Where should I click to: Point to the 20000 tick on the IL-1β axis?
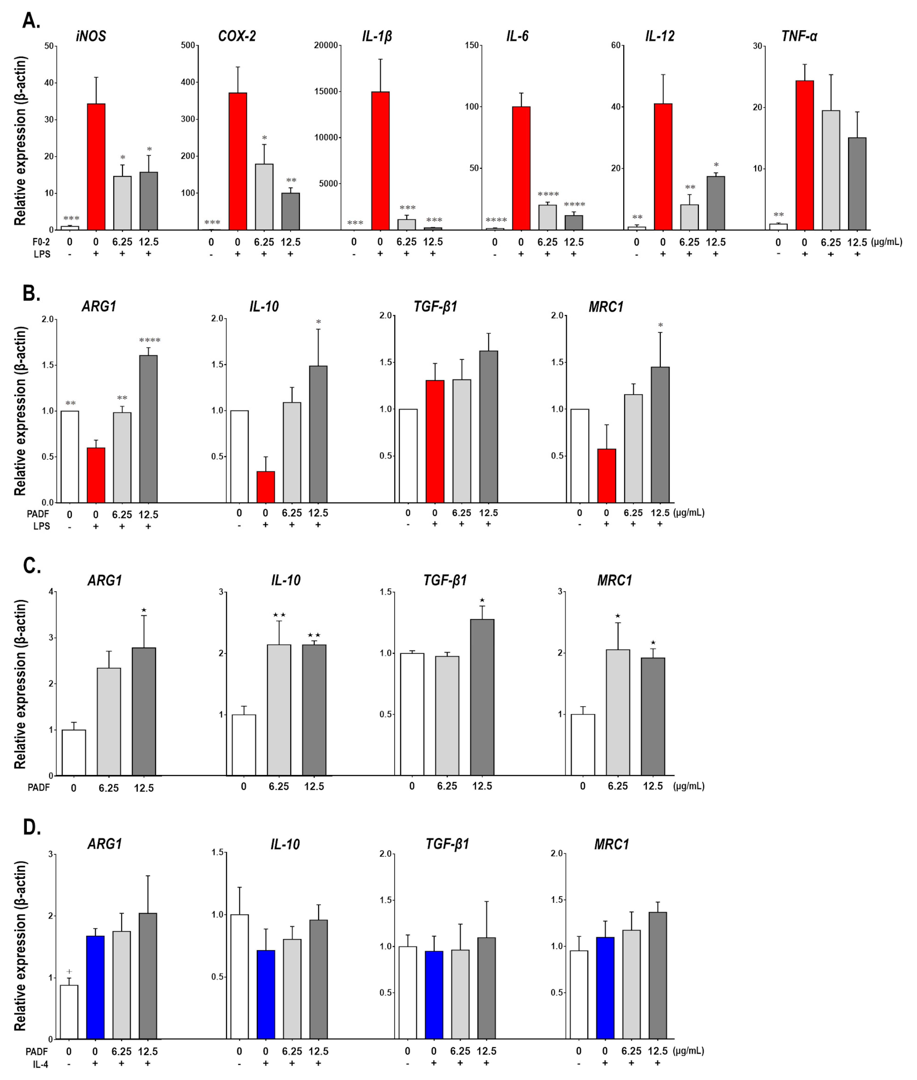(x=326, y=46)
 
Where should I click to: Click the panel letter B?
(x=31, y=293)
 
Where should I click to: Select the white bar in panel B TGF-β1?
(x=408, y=456)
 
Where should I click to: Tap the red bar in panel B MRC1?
(x=607, y=475)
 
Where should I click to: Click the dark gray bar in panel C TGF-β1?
(x=482, y=697)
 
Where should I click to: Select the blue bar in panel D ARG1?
(x=95, y=987)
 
